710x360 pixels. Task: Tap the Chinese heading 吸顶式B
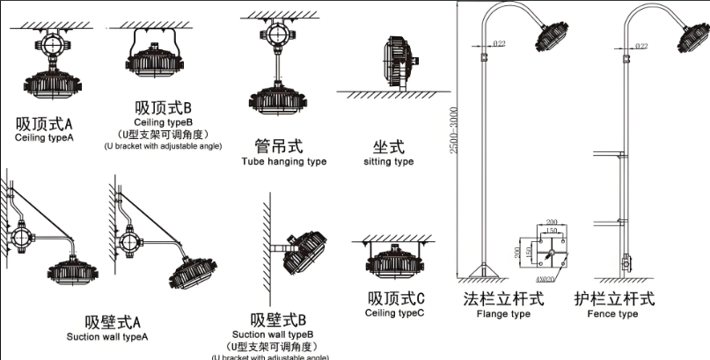click(163, 108)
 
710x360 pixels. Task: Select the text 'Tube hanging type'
click(283, 162)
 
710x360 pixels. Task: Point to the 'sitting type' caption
click(388, 162)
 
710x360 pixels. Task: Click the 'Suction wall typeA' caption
click(106, 336)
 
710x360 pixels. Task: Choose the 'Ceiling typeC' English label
click(395, 312)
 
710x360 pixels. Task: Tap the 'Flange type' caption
click(503, 314)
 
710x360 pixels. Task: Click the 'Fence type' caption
click(612, 314)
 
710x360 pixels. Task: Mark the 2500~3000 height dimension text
click(454, 131)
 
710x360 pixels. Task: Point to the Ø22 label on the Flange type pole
click(498, 44)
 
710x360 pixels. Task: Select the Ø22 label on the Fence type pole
click(641, 45)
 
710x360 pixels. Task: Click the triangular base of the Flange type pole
click(481, 269)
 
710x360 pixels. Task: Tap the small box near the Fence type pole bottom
click(626, 262)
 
